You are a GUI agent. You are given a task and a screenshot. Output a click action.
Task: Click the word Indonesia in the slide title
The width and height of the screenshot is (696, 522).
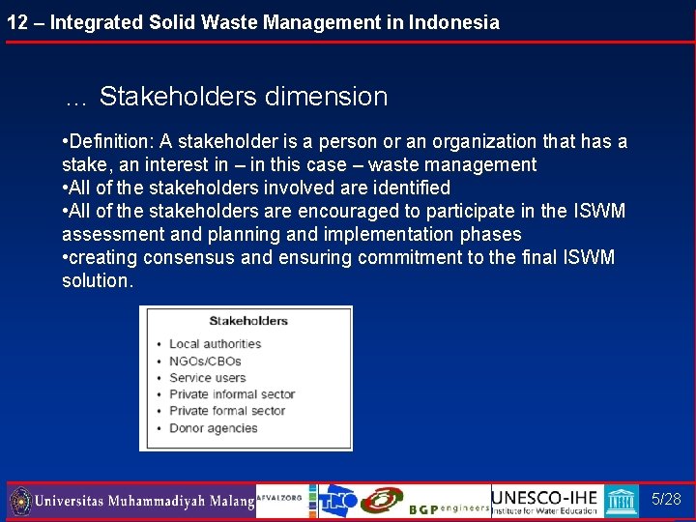(x=452, y=22)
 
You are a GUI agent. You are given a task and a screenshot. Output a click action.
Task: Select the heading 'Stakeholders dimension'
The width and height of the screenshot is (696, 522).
(x=243, y=97)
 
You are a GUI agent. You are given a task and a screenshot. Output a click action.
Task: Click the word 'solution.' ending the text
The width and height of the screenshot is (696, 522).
(x=98, y=280)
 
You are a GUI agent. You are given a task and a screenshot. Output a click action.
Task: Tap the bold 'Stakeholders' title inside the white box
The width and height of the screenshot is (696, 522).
(x=248, y=321)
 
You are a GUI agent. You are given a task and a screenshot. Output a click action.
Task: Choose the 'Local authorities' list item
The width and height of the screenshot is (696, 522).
(x=215, y=343)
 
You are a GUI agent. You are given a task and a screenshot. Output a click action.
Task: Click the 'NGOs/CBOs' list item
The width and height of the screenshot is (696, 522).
(x=204, y=361)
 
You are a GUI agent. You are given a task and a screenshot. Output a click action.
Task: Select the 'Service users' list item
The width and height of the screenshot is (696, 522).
(x=207, y=377)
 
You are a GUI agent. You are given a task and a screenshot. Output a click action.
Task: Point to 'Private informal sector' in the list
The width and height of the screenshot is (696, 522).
(x=232, y=394)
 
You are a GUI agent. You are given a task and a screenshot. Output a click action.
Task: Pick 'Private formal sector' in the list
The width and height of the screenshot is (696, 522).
(x=227, y=411)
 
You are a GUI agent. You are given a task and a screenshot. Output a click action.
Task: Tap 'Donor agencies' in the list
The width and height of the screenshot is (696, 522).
(x=213, y=428)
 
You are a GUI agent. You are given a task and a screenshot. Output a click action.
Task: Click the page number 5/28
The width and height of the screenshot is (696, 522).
(x=666, y=500)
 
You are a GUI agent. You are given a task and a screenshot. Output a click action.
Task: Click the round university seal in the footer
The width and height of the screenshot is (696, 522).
(x=20, y=502)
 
